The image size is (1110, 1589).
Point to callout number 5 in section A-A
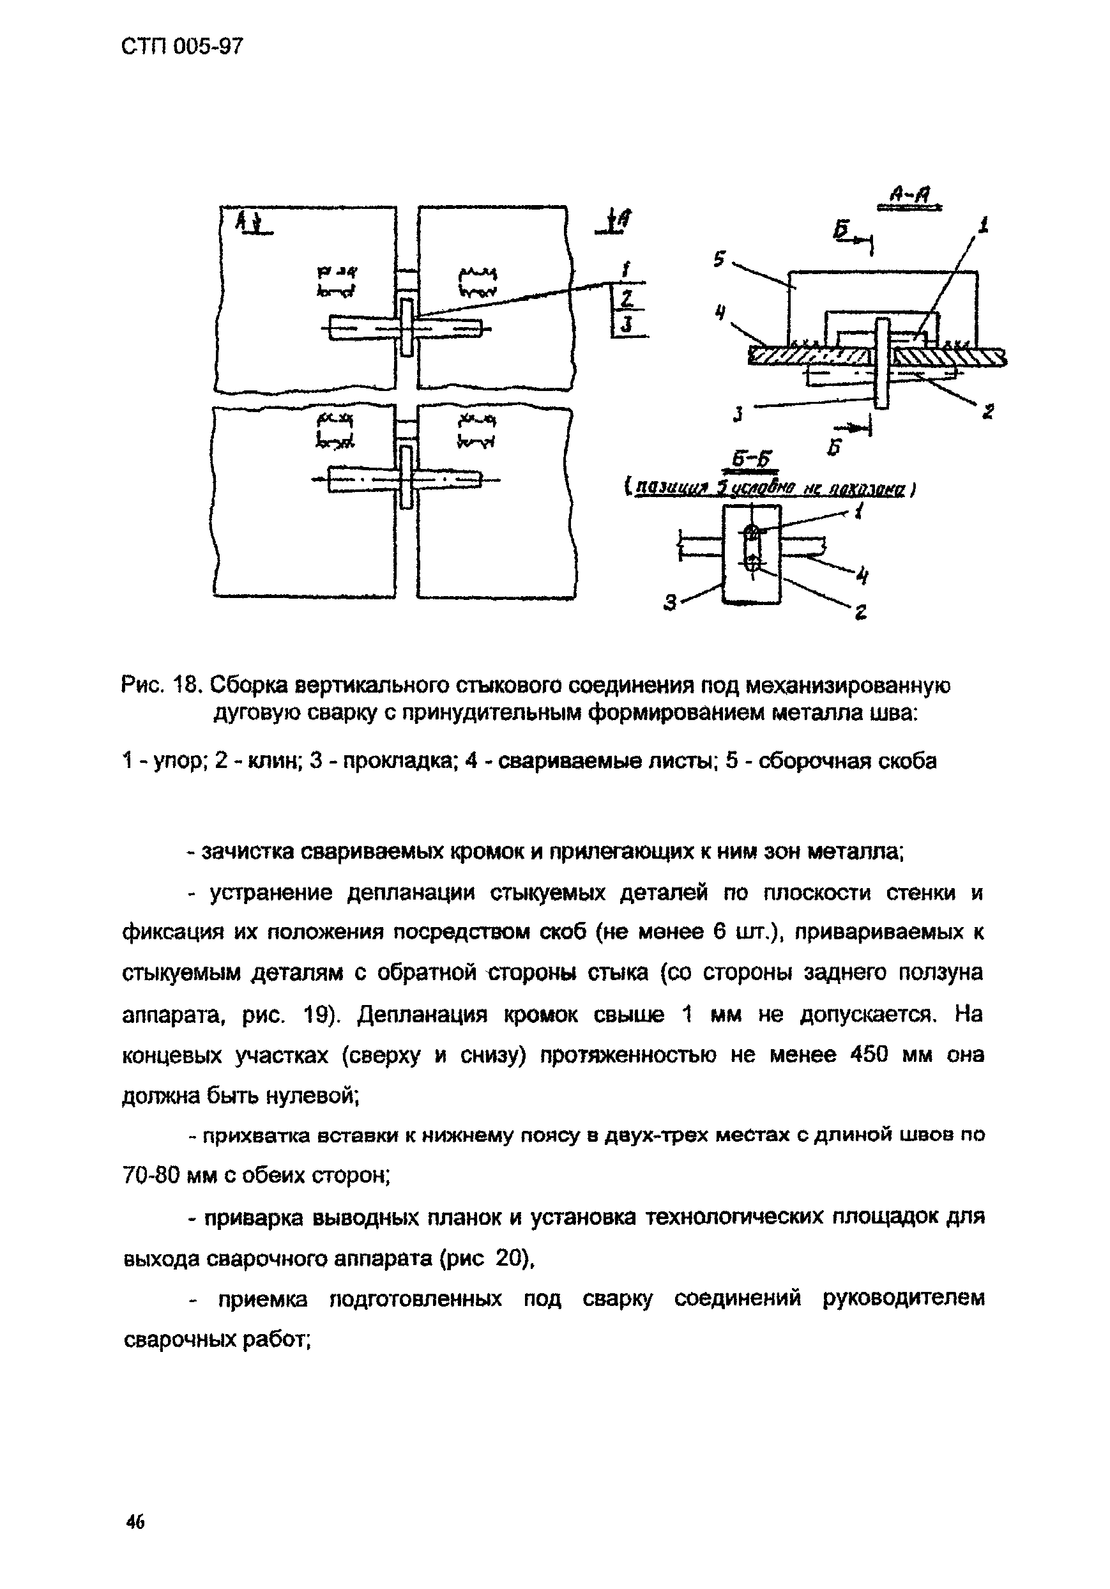719,259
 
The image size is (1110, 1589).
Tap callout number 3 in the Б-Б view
669,604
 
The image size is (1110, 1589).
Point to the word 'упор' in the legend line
179,762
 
